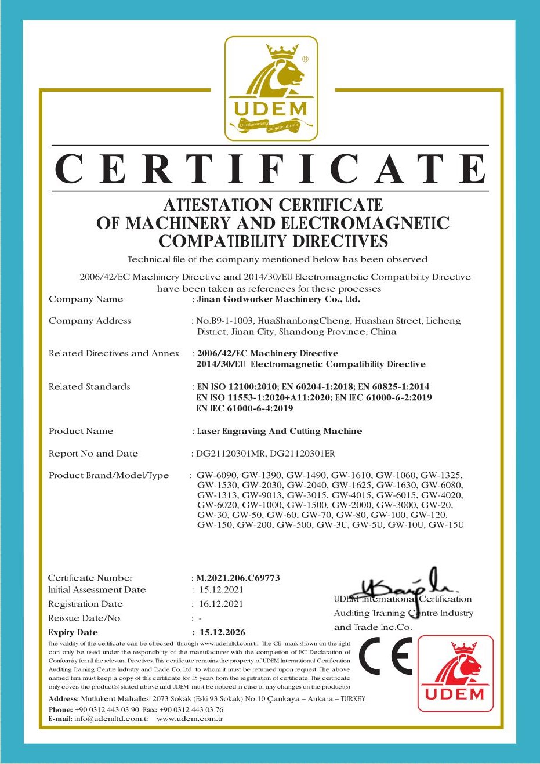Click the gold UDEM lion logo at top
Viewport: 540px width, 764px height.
click(271, 88)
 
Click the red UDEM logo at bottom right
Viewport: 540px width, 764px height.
click(455, 674)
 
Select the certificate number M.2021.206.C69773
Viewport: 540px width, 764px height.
click(238, 578)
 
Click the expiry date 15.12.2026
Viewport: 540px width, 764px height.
click(222, 632)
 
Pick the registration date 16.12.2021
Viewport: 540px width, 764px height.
click(221, 604)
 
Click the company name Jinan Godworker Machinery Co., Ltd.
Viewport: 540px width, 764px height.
click(278, 299)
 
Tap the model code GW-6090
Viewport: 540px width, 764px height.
click(217, 475)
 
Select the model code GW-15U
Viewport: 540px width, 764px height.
click(447, 525)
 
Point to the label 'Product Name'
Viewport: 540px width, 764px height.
click(81, 431)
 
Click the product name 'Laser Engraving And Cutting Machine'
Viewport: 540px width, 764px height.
click(280, 431)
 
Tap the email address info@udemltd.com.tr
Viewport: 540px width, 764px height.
click(111, 719)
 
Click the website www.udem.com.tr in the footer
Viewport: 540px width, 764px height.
click(190, 719)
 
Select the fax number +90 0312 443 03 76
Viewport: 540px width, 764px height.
click(191, 709)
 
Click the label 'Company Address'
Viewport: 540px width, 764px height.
click(90, 321)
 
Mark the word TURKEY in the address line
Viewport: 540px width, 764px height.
click(353, 699)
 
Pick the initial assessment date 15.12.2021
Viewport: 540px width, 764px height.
click(221, 590)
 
